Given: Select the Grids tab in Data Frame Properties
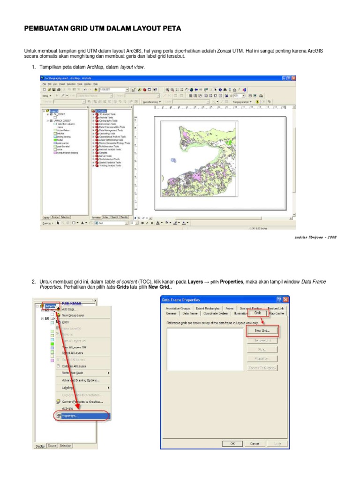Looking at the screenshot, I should click(257, 312).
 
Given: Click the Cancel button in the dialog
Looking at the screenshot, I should click(255, 443).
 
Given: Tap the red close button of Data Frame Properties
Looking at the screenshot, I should click(286, 300).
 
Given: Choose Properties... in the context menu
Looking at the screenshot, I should click(71, 415).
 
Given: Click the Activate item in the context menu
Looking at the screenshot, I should click(67, 408).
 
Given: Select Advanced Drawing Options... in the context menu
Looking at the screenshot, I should click(80, 380).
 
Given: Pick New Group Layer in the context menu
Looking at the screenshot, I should click(75, 315).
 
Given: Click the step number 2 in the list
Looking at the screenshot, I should click(34, 282).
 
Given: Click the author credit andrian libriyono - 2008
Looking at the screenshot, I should click(315, 237).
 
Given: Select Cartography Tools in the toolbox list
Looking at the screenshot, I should click(108, 120).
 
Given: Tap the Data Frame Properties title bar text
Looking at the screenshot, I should click(181, 300).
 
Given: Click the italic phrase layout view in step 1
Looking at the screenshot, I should click(132, 67).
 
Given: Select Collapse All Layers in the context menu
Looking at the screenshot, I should click(74, 366).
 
